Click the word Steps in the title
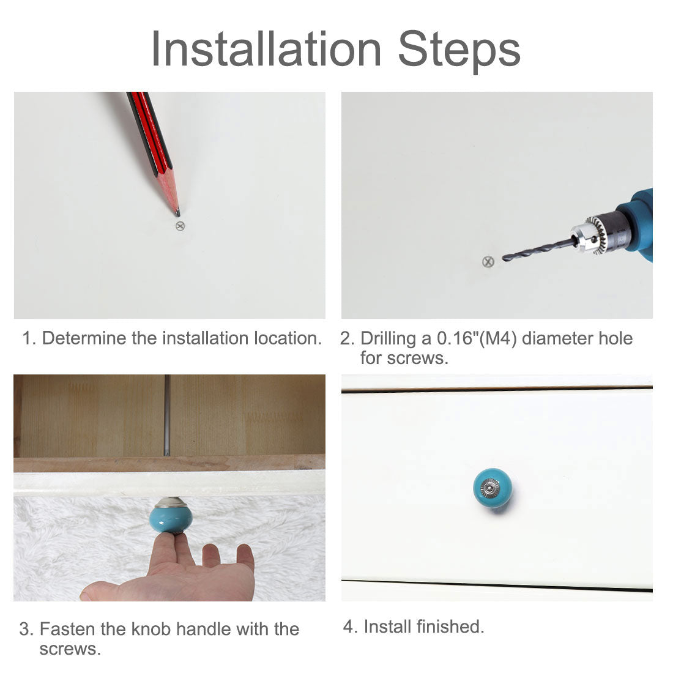459,51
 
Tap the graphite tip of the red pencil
177,212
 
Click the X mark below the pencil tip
180,226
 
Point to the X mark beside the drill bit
488,261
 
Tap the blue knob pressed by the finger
171,518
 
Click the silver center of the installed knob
490,488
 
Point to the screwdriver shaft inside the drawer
167,415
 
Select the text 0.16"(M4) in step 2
477,338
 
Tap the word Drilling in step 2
388,339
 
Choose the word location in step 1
288,338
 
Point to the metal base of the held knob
171,502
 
